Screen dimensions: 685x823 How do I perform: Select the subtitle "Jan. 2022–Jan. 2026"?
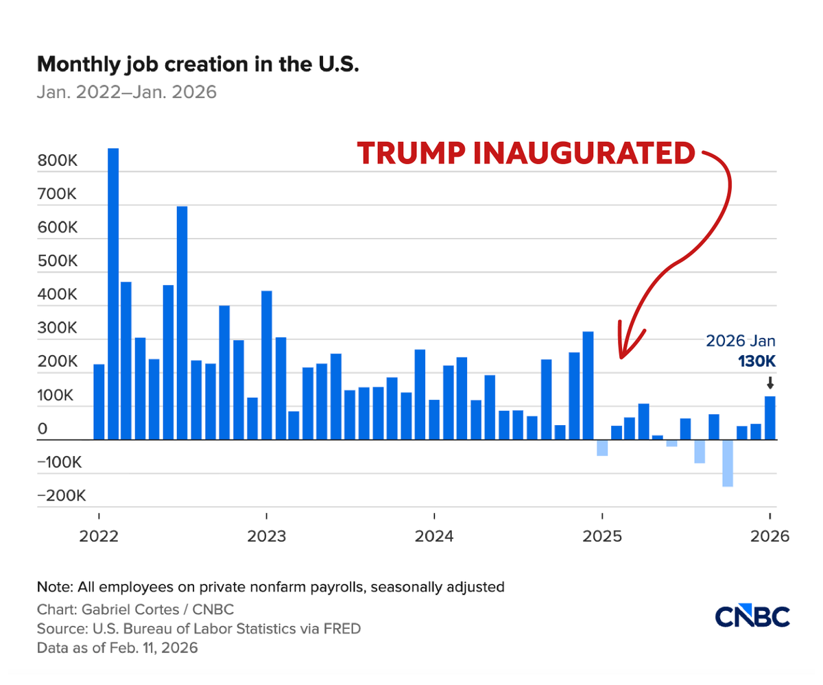tap(127, 92)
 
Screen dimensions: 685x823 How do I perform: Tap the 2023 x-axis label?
tap(266, 536)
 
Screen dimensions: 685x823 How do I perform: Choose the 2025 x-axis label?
tap(601, 536)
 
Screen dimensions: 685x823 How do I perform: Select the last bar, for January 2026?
tap(770, 418)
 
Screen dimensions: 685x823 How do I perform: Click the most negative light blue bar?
tap(728, 463)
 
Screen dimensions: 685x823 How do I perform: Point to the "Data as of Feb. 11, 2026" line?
tap(117, 648)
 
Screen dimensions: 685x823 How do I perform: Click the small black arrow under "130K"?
tap(770, 383)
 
